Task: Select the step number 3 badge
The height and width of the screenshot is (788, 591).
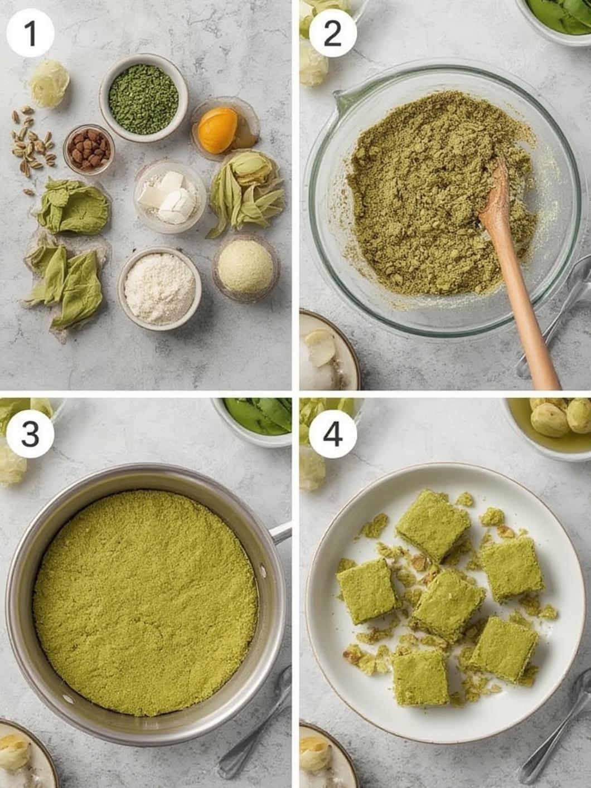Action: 30,434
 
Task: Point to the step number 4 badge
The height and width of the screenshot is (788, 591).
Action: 332,434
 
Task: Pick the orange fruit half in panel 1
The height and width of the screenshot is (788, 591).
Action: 217,130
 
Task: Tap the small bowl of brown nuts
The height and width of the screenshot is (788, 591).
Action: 89,149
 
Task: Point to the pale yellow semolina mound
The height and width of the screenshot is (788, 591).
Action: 245,266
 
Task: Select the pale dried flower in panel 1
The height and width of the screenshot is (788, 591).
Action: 49,84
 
